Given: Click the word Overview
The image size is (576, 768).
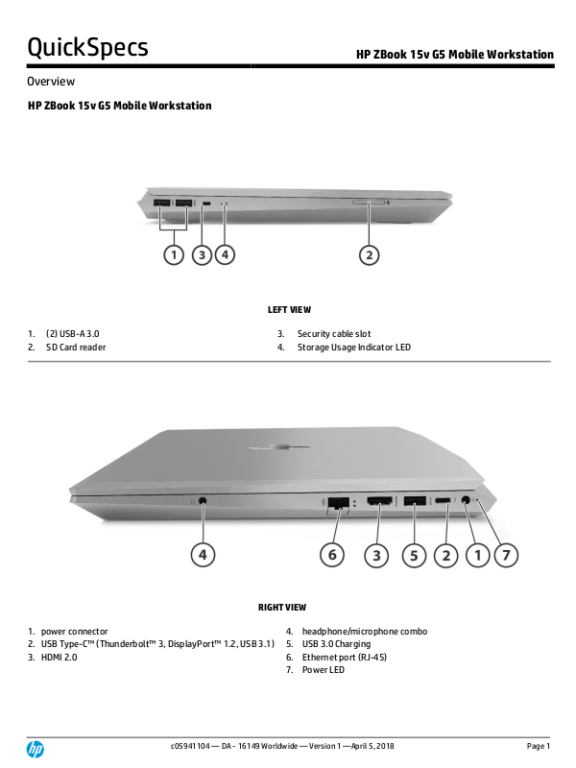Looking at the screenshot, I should pyautogui.click(x=52, y=82).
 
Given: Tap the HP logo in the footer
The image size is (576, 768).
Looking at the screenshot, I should pyautogui.click(x=36, y=748).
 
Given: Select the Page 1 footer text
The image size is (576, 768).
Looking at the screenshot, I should pyautogui.click(x=539, y=746).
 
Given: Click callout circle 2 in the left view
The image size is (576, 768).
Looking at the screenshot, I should pyautogui.click(x=371, y=254).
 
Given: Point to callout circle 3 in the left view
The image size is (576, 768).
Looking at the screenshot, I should pyautogui.click(x=202, y=254).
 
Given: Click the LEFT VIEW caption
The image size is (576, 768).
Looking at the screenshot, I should pyautogui.click(x=289, y=310).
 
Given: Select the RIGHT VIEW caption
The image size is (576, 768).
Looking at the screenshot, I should pyautogui.click(x=283, y=608).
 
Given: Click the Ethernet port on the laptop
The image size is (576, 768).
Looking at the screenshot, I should pyautogui.click(x=338, y=502).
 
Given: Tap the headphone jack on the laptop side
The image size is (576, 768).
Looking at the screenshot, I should pyautogui.click(x=204, y=500).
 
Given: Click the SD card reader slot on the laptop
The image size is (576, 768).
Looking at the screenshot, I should pyautogui.click(x=371, y=204).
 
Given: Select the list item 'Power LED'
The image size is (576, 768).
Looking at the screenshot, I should pyautogui.click(x=324, y=670).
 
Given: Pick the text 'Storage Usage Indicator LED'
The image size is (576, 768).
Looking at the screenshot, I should pyautogui.click(x=353, y=348).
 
